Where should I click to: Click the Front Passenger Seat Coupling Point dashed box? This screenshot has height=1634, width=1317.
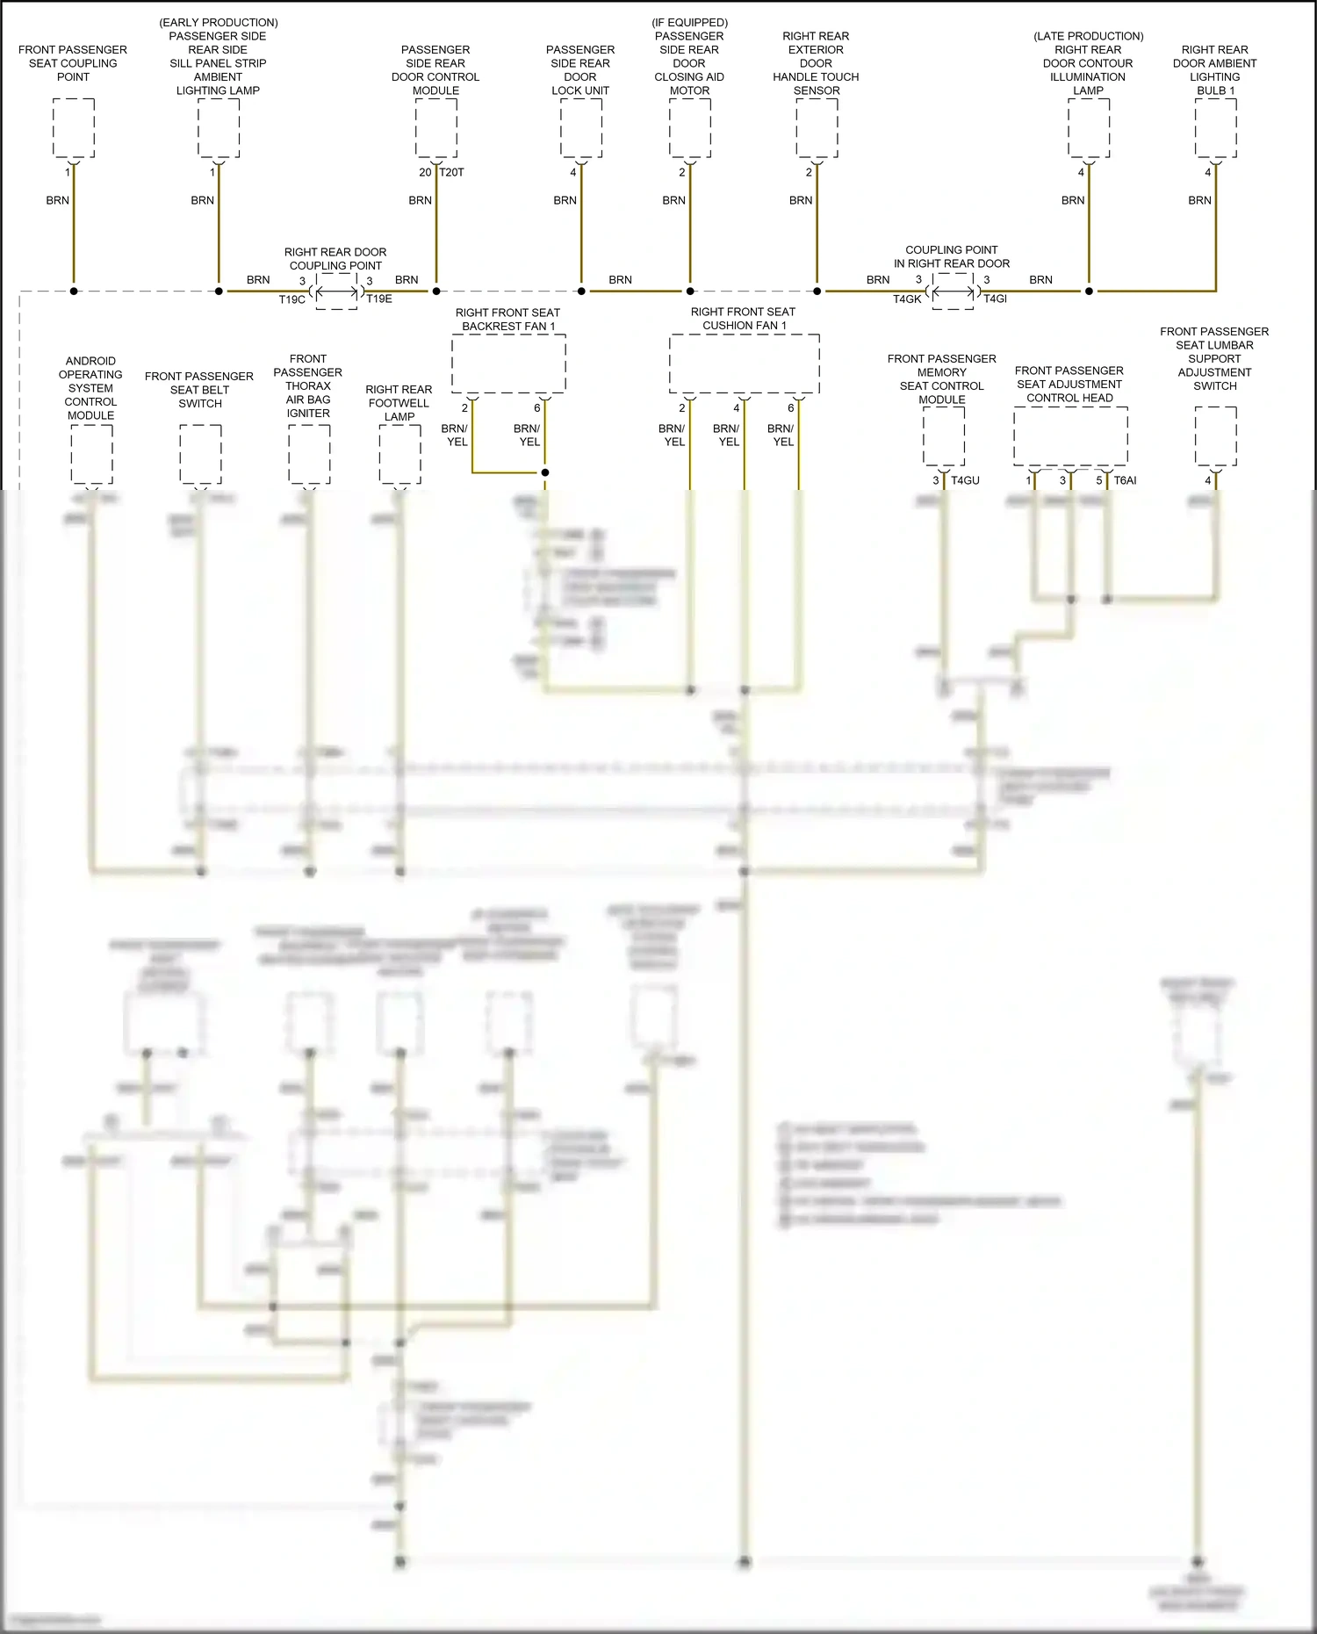[x=74, y=128]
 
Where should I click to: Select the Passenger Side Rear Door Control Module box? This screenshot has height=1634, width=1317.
[x=436, y=128]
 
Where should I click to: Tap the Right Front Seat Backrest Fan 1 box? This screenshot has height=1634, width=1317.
[x=508, y=364]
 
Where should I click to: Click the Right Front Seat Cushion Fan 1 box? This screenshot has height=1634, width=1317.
[x=745, y=364]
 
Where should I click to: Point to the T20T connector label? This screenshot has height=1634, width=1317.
[x=452, y=172]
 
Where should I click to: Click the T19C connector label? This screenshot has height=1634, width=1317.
[x=291, y=299]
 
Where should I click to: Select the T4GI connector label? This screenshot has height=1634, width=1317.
[x=995, y=299]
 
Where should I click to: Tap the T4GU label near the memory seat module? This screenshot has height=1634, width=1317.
[x=965, y=480]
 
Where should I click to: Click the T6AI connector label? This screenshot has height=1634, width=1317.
[x=1125, y=480]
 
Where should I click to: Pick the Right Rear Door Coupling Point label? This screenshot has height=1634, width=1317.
[x=335, y=259]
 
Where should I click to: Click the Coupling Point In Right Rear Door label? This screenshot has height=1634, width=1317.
[x=952, y=256]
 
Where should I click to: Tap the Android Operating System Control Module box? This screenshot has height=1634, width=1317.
[x=91, y=454]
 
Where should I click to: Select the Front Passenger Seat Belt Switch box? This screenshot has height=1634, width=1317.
[x=200, y=454]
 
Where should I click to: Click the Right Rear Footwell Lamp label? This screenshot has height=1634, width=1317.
[x=399, y=403]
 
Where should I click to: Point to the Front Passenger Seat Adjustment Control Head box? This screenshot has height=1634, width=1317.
[x=1070, y=436]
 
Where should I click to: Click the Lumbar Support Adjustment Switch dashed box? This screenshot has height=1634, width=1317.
[x=1216, y=436]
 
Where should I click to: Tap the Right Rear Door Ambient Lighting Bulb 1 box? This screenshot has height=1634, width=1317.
[x=1216, y=128]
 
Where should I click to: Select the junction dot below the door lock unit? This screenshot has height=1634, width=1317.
[x=581, y=291]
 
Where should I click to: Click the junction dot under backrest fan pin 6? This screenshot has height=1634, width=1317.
[x=545, y=472]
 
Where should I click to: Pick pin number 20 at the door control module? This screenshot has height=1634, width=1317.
[x=425, y=172]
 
